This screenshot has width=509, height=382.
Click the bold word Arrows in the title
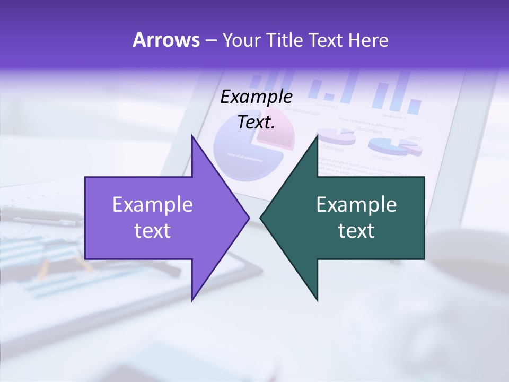pyautogui.click(x=166, y=40)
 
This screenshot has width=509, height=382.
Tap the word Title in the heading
pyautogui.click(x=284, y=40)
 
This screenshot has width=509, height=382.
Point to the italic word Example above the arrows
pyautogui.click(x=257, y=97)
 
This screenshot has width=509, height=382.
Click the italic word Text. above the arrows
pyautogui.click(x=257, y=123)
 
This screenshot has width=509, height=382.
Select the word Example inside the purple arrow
pyautogui.click(x=153, y=205)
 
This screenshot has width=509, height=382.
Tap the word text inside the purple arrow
pyautogui.click(x=153, y=231)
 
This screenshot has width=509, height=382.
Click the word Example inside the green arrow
pyautogui.click(x=356, y=205)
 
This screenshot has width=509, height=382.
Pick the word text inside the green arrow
pyautogui.click(x=356, y=231)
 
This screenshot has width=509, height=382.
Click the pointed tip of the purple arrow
pyautogui.click(x=248, y=218)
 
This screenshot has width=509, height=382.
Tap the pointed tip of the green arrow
pyautogui.click(x=261, y=218)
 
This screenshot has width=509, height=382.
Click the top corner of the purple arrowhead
pyautogui.click(x=192, y=137)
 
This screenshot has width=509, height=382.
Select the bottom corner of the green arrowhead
pyautogui.click(x=318, y=300)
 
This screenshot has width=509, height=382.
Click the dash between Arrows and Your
pyautogui.click(x=210, y=41)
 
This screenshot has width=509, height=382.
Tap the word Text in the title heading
pyautogui.click(x=327, y=40)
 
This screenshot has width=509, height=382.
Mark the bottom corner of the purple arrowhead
pyautogui.click(x=192, y=299)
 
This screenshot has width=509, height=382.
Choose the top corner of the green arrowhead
pyautogui.click(x=318, y=136)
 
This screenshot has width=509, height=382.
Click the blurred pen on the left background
pyautogui.click(x=37, y=215)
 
